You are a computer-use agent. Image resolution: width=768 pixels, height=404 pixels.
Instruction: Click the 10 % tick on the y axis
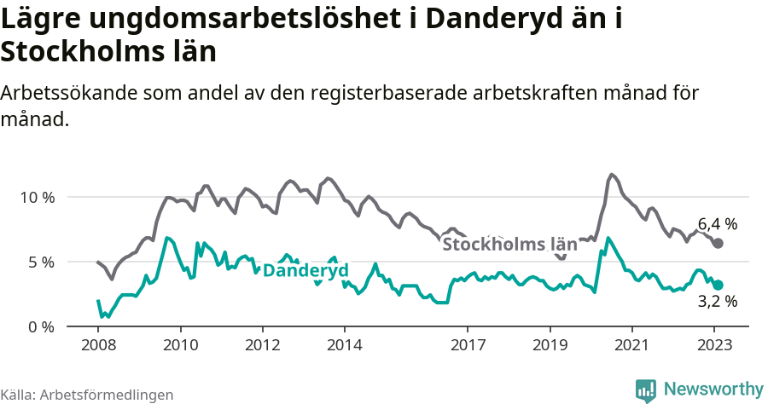tap(36, 197)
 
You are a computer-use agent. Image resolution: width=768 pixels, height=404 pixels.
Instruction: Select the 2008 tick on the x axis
tap(98, 345)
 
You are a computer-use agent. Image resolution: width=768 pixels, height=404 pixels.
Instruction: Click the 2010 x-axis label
tap(180, 345)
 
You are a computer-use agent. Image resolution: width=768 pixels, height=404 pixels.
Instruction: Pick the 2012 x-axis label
tap(262, 345)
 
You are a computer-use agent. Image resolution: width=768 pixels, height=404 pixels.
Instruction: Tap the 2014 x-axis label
tap(344, 345)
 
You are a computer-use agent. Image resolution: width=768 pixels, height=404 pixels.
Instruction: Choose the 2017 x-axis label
tap(467, 345)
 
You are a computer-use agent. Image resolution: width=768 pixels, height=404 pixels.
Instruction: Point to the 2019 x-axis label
tap(549, 345)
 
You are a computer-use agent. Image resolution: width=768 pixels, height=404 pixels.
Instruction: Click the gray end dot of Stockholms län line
tap(718, 244)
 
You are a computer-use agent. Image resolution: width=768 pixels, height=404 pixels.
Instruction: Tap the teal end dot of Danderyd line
tap(718, 286)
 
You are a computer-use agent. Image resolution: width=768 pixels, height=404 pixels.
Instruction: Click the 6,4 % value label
tap(717, 224)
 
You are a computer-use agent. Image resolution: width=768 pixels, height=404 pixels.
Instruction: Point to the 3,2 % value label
tap(717, 301)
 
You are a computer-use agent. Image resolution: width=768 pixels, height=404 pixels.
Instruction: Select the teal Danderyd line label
tap(305, 270)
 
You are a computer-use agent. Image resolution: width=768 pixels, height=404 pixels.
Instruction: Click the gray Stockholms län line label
tap(509, 245)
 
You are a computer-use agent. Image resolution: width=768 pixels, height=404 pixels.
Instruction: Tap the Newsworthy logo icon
tap(646, 390)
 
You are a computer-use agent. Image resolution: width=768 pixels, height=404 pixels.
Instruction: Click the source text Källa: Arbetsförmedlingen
tap(87, 395)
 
